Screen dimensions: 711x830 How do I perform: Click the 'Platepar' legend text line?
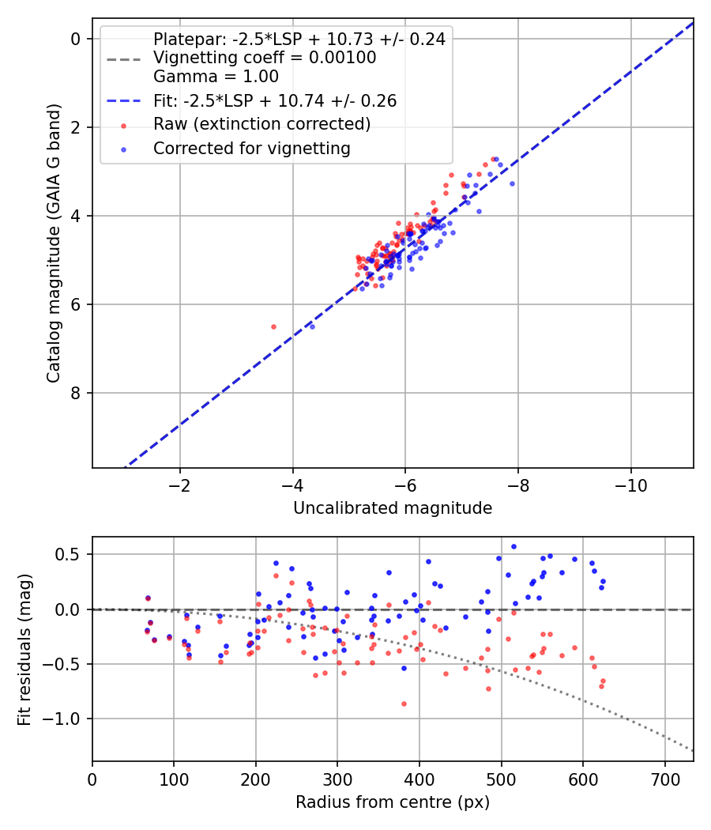point(299,40)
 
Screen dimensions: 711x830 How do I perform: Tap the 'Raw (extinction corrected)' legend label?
point(261,124)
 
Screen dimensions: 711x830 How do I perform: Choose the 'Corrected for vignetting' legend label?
point(252,149)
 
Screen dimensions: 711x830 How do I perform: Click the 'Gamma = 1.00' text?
point(216,76)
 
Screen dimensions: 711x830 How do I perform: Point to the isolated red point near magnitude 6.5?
point(273,326)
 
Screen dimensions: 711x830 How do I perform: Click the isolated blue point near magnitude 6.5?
point(312,326)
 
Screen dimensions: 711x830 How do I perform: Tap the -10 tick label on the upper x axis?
point(630,485)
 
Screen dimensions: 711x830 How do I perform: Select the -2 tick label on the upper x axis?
point(180,485)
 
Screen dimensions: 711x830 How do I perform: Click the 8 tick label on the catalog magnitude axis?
point(75,393)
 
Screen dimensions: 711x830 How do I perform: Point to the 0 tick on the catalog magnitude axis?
point(75,39)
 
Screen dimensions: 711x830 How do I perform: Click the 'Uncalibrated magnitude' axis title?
point(393,508)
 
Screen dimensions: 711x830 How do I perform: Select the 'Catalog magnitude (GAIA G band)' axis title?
point(54,243)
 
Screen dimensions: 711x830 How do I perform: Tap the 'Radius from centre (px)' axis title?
point(393,802)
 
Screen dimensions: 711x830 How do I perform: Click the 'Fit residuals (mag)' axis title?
point(24,650)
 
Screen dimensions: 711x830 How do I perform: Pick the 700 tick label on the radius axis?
point(665,779)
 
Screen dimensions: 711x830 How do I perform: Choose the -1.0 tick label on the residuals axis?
point(60,719)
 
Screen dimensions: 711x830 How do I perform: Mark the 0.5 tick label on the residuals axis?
point(66,554)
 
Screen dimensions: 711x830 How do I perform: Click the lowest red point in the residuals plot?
point(404,704)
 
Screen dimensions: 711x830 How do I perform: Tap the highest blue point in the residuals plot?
point(513,547)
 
